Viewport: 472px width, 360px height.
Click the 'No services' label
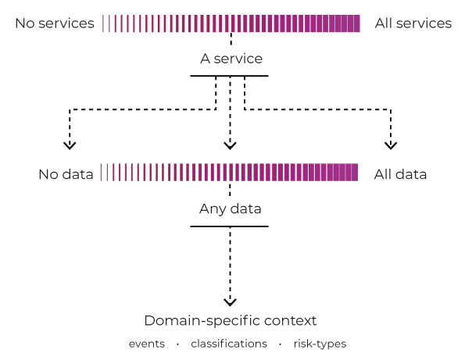(x=55, y=23)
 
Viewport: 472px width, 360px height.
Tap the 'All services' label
(x=413, y=23)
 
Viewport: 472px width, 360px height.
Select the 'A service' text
(x=231, y=59)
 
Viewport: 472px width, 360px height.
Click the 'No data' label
(x=66, y=174)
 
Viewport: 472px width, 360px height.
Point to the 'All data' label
(x=400, y=174)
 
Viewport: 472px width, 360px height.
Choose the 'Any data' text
(x=230, y=209)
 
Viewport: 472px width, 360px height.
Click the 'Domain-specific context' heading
(x=231, y=321)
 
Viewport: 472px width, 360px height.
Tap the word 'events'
(x=147, y=344)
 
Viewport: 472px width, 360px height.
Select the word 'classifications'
(x=229, y=344)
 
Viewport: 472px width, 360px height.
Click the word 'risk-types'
(x=320, y=344)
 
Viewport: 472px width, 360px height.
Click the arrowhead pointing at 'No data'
(x=70, y=144)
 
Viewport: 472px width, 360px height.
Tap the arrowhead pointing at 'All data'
(x=391, y=144)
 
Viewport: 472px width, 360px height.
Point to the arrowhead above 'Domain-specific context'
(x=230, y=301)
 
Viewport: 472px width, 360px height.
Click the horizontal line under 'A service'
(x=230, y=76)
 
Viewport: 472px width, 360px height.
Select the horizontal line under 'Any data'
(x=230, y=226)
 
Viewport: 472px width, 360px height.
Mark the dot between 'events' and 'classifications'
(x=178, y=344)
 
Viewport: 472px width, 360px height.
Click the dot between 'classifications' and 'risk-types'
(x=281, y=344)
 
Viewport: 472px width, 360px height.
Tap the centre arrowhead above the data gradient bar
(x=230, y=144)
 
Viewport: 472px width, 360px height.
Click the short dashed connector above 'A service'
(x=231, y=40)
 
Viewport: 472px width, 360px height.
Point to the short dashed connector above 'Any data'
(x=230, y=191)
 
